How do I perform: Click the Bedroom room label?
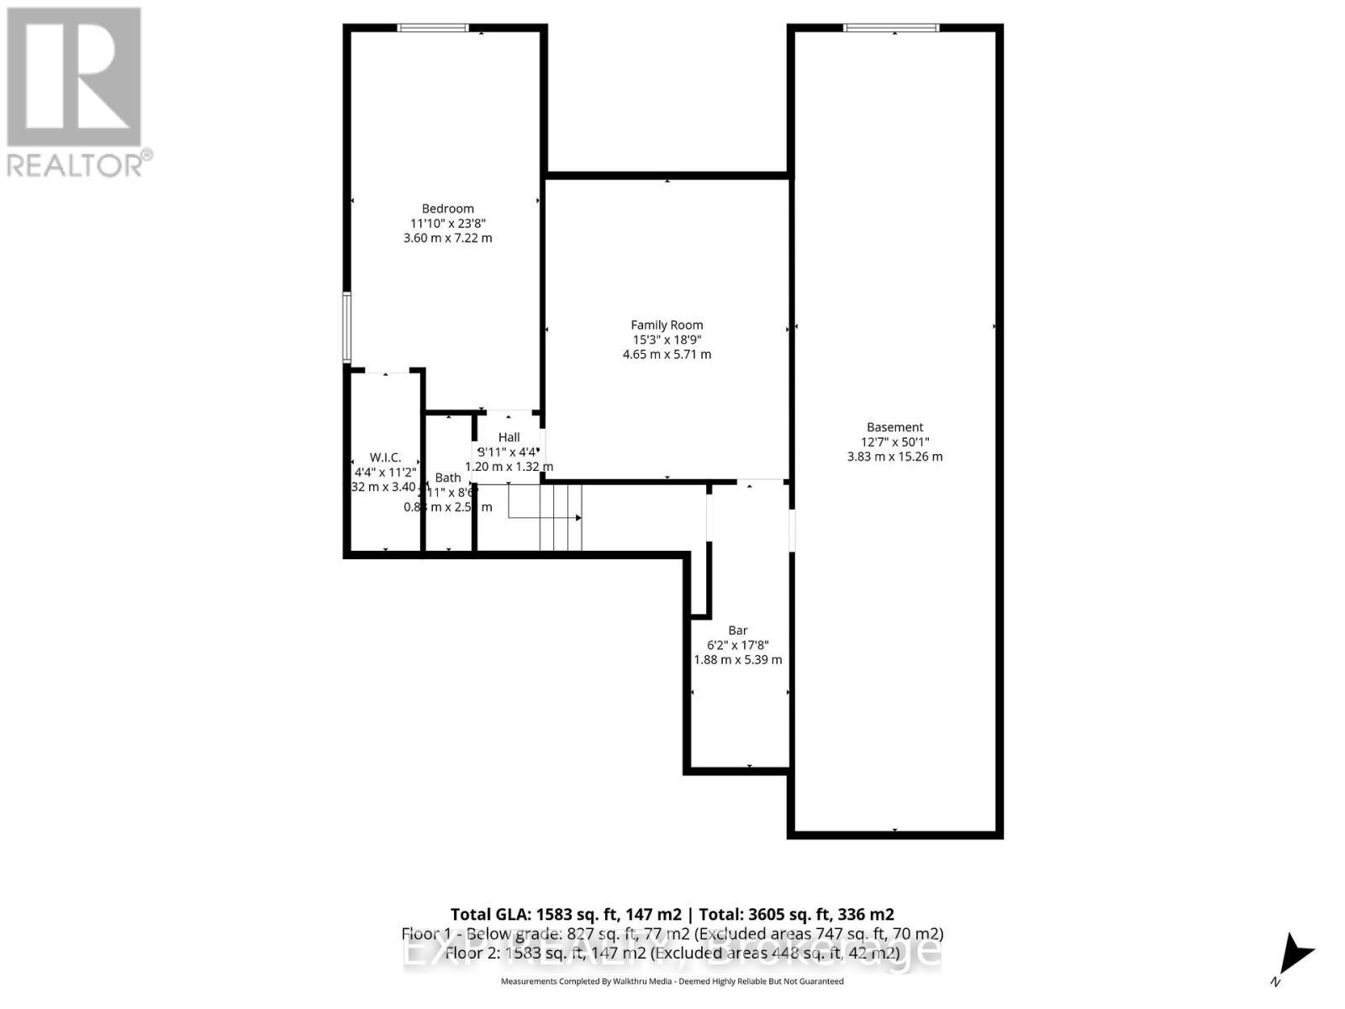pos(447,209)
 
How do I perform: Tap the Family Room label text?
pos(667,325)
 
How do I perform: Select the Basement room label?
pos(894,427)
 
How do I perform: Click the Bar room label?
pos(737,631)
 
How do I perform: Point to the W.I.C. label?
pos(385,457)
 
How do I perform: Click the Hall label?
pos(509,437)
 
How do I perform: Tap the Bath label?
pos(447,478)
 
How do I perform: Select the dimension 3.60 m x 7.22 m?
pos(447,238)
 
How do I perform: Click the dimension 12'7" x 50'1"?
pos(894,442)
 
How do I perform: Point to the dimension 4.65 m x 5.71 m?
pos(667,354)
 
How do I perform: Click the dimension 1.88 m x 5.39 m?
pos(737,660)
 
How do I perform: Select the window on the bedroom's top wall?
pos(433,28)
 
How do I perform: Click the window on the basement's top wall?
pos(891,28)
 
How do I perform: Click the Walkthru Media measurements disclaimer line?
pos(672,981)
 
